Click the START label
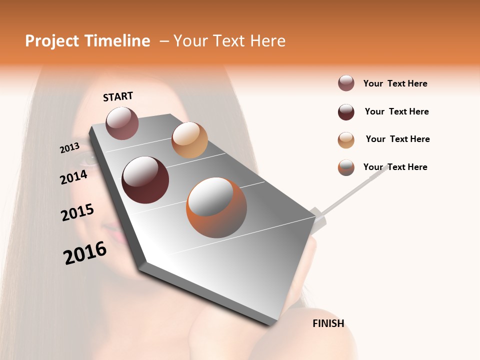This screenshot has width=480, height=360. click(x=118, y=96)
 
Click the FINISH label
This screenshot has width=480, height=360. click(x=328, y=323)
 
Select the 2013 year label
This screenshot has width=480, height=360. click(x=69, y=148)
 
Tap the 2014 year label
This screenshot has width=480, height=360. click(x=73, y=177)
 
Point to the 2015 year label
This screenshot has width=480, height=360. click(x=77, y=212)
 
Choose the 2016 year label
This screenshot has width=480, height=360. click(x=85, y=253)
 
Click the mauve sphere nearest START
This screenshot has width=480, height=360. click(x=122, y=123)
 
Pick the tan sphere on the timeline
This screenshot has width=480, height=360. click(x=189, y=140)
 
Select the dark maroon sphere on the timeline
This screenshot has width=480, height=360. click(x=145, y=180)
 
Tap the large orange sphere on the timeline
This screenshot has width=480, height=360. click(x=216, y=207)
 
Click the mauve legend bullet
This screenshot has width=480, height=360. click(x=346, y=83)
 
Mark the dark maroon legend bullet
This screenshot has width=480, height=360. click(x=346, y=112)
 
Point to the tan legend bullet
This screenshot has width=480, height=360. click(x=346, y=140)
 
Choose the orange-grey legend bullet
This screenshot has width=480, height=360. click(x=346, y=167)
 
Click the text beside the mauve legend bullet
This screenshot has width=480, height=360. click(x=395, y=83)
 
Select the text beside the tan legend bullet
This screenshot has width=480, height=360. click(x=397, y=139)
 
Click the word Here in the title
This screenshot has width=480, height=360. click(x=267, y=41)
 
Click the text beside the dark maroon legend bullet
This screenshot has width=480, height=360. click(x=396, y=111)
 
